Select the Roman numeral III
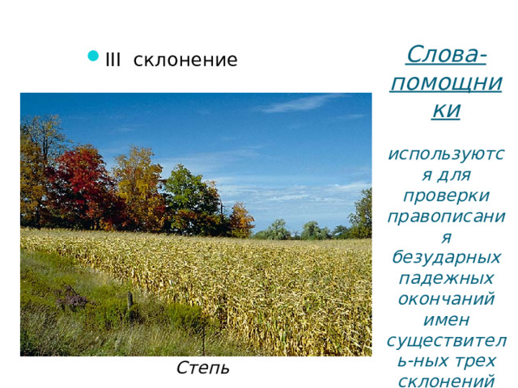click(x=113, y=60)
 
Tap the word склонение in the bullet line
click(x=185, y=60)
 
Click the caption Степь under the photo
click(x=202, y=368)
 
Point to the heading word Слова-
click(x=446, y=55)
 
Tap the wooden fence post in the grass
click(x=129, y=301)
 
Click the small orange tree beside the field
click(x=240, y=220)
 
